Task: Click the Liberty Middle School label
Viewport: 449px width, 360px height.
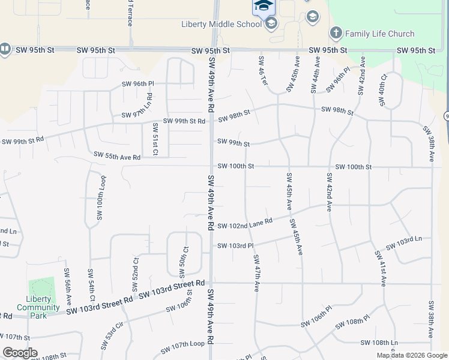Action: click(221, 24)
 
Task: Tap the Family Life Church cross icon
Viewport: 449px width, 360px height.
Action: click(336, 33)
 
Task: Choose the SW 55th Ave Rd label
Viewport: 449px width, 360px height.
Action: click(116, 156)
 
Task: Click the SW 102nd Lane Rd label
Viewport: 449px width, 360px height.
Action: click(245, 223)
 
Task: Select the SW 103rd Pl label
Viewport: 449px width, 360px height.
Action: click(235, 246)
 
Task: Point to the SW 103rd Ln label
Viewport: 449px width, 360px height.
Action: click(405, 244)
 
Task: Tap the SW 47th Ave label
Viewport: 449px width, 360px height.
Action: click(256, 273)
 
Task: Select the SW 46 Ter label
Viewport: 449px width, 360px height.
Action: click(262, 71)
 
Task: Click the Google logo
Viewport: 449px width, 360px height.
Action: click(19, 353)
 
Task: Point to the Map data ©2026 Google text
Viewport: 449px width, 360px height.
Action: click(412, 355)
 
